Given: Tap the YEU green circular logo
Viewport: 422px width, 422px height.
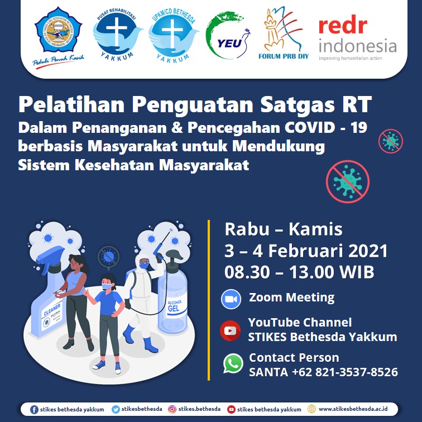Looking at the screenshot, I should [224, 35].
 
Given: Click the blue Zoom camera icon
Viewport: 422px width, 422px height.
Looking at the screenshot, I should [231, 299].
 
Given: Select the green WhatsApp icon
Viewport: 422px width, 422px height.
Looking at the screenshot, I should [233, 364].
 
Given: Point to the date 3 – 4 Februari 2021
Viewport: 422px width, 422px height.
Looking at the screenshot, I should [306, 251].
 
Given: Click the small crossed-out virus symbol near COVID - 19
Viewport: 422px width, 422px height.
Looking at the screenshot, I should [390, 141].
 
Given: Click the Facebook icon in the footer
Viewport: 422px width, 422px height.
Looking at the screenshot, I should [34, 409].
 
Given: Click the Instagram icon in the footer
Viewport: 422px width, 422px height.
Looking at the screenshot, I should [172, 409].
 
